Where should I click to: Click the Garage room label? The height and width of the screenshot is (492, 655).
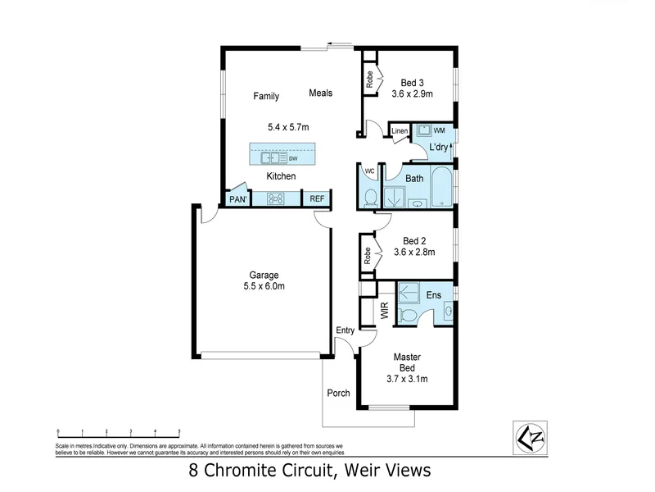pos(264,275)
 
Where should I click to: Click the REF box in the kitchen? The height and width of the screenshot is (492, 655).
pos(316,198)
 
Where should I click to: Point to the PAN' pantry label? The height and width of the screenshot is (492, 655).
pos(237,199)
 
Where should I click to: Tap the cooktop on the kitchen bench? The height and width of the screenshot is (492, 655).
pos(275,198)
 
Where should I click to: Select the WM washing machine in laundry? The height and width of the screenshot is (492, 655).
pos(426,131)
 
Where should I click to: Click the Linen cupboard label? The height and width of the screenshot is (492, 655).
pos(399,131)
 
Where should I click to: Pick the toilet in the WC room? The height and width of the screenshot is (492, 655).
pos(369,197)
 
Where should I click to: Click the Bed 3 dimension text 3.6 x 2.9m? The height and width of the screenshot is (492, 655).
pos(412,94)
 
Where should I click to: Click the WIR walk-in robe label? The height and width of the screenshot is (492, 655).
pos(383,311)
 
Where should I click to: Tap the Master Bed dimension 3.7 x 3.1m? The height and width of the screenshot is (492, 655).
pos(407,379)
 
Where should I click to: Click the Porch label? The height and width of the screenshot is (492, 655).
pos(338,394)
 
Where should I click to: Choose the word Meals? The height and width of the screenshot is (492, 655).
pos(320,93)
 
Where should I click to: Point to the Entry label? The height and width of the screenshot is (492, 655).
pos(345,330)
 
